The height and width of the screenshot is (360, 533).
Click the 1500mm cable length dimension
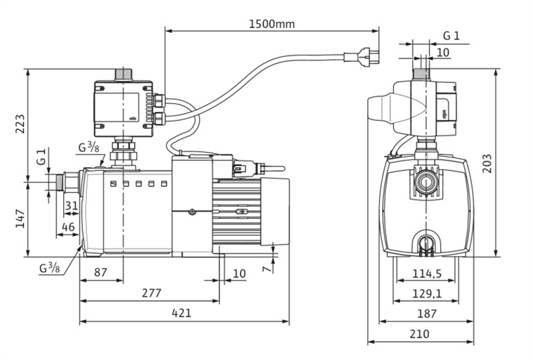tap(271, 24)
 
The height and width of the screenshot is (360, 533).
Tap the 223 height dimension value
tap(20, 124)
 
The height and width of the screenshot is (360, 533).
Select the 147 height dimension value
tap(20, 219)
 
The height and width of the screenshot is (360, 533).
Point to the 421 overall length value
tap(181, 313)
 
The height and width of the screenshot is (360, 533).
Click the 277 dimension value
tap(151, 292)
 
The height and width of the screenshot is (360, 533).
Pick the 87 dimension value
tap(101, 272)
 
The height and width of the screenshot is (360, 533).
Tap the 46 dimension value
tap(68, 226)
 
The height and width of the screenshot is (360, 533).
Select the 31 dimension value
tap(72, 206)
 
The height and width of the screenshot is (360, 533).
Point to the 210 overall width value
tap(419, 334)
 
